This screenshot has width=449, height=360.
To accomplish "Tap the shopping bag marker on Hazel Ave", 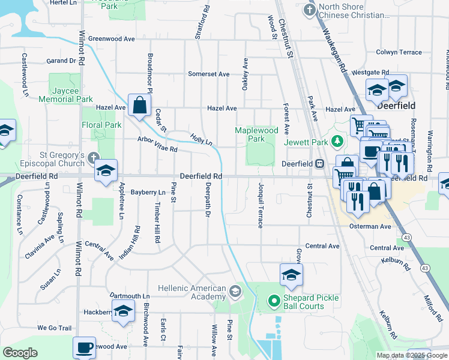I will pyautogui.click(x=139, y=105).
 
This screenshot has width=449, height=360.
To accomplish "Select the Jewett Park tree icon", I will pyautogui.click(x=337, y=142).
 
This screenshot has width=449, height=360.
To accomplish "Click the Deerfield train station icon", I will pyautogui.click(x=320, y=163).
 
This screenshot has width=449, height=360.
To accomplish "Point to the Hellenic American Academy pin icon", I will pyautogui.click(x=235, y=292).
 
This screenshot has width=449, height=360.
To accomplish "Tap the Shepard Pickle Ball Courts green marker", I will pyautogui.click(x=274, y=300).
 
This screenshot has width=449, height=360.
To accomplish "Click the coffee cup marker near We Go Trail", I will pyautogui.click(x=84, y=347).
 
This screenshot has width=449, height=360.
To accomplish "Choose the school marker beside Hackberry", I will pyautogui.click(x=123, y=311).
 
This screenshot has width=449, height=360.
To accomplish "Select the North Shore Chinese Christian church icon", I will pyautogui.click(x=310, y=10).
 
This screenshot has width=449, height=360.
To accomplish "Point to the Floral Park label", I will pyautogui.click(x=101, y=125).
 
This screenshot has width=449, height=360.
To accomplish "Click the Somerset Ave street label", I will pyautogui.click(x=208, y=74).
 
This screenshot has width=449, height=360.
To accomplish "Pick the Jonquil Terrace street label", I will pyautogui.click(x=261, y=205).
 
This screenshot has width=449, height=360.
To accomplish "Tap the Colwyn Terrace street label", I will pyautogui.click(x=399, y=52).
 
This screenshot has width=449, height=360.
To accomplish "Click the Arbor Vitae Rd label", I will pyautogui.click(x=157, y=145).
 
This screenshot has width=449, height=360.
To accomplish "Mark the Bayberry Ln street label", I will pyautogui.click(x=147, y=193).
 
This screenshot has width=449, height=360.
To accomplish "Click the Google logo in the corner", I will pyautogui.click(x=20, y=353).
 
